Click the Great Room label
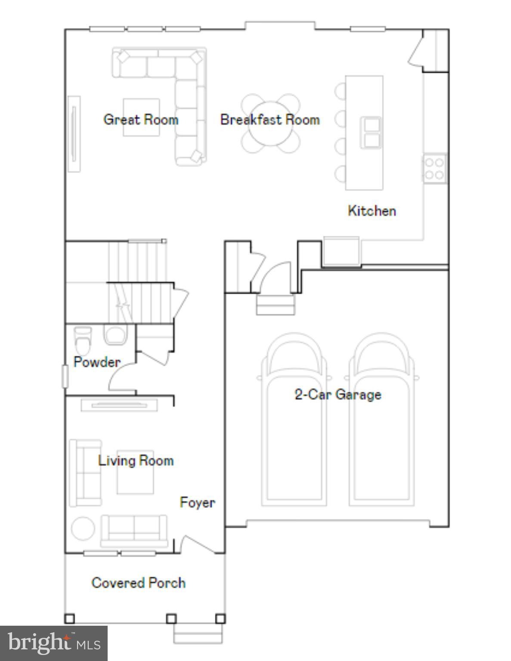coord(141,119)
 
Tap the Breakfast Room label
coord(270,119)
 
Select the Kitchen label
coord(372,210)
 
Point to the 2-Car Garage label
coord(338,394)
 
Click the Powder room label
coord(97,362)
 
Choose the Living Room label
coord(136,460)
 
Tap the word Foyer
coord(197,502)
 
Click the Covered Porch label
coord(138,583)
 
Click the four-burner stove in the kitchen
coord(434,169)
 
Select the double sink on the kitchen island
coord(371,132)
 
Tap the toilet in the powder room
coord(83,340)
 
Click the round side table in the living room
coord(83,528)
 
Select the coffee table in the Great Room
coord(141,117)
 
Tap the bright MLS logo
coord(54,644)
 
